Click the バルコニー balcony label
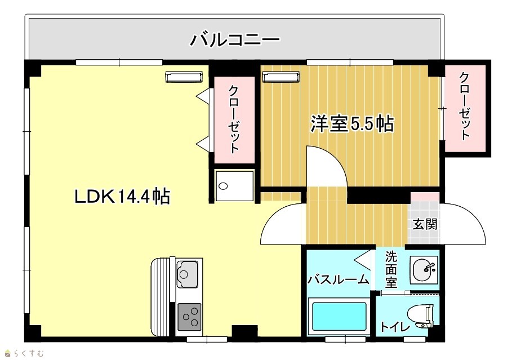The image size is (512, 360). point(235,39)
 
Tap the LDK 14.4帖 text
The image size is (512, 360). point(122,197)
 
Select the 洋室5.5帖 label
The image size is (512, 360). point(351,124)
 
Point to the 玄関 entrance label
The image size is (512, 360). point(425,224)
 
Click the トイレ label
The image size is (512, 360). point(395,327)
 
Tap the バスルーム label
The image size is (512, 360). point(339,279)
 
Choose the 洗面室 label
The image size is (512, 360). point(390,269)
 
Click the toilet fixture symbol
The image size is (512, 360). point(421,316)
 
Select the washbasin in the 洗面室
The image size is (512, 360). point(424,270)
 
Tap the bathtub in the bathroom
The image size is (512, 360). point(339,317)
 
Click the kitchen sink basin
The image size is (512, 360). point(188,274)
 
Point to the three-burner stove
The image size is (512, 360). point(189,316)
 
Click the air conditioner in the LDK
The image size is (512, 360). point(184,77)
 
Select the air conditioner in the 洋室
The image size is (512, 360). point(281,77)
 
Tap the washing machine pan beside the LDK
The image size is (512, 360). point(234,185)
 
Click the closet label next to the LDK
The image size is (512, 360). point(233,119)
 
